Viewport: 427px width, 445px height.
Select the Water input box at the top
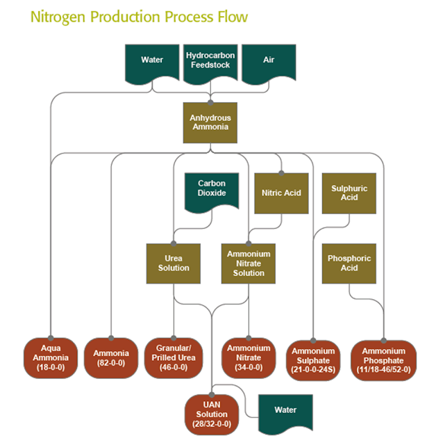coord(151,60)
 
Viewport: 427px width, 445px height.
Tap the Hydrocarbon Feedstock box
coord(210,60)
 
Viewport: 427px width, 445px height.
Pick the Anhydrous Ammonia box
coord(210,123)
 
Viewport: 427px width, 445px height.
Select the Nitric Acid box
coord(281,193)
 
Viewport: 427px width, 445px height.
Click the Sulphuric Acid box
coord(349,193)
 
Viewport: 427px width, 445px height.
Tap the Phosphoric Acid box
coord(349,263)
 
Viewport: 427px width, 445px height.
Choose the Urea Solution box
coord(173,263)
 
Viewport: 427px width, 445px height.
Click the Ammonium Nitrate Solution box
coord(249,263)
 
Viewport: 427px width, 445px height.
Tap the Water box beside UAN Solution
coord(285,411)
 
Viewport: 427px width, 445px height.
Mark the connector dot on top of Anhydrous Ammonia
coord(210,102)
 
